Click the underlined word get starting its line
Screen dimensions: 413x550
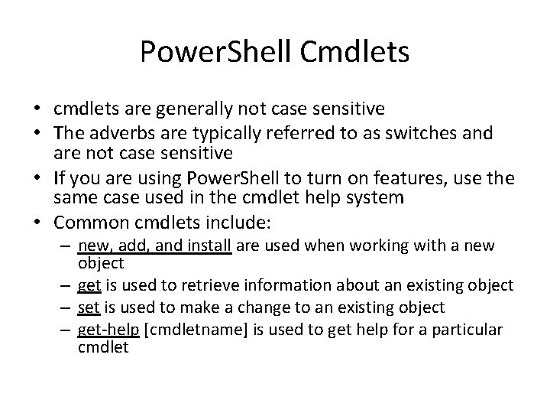point(89,286)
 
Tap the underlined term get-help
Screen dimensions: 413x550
point(108,329)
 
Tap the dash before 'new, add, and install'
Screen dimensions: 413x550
point(67,246)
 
